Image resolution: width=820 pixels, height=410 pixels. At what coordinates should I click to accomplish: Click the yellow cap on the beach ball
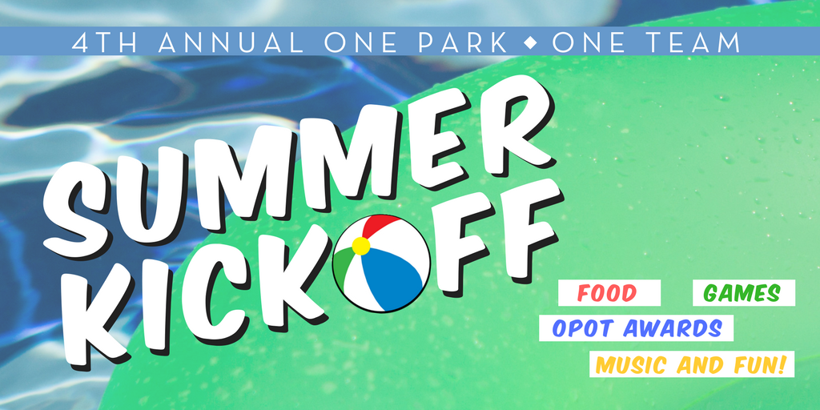pyautogui.click(x=361, y=246)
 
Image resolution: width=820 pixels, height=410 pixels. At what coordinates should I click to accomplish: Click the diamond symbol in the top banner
pyautogui.click(x=530, y=43)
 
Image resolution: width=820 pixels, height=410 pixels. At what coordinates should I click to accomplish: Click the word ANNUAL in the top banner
pyautogui.click(x=230, y=43)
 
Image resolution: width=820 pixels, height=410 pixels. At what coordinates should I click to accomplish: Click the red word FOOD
pyautogui.click(x=607, y=293)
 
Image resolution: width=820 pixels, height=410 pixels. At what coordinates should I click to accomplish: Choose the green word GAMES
pyautogui.click(x=742, y=293)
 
